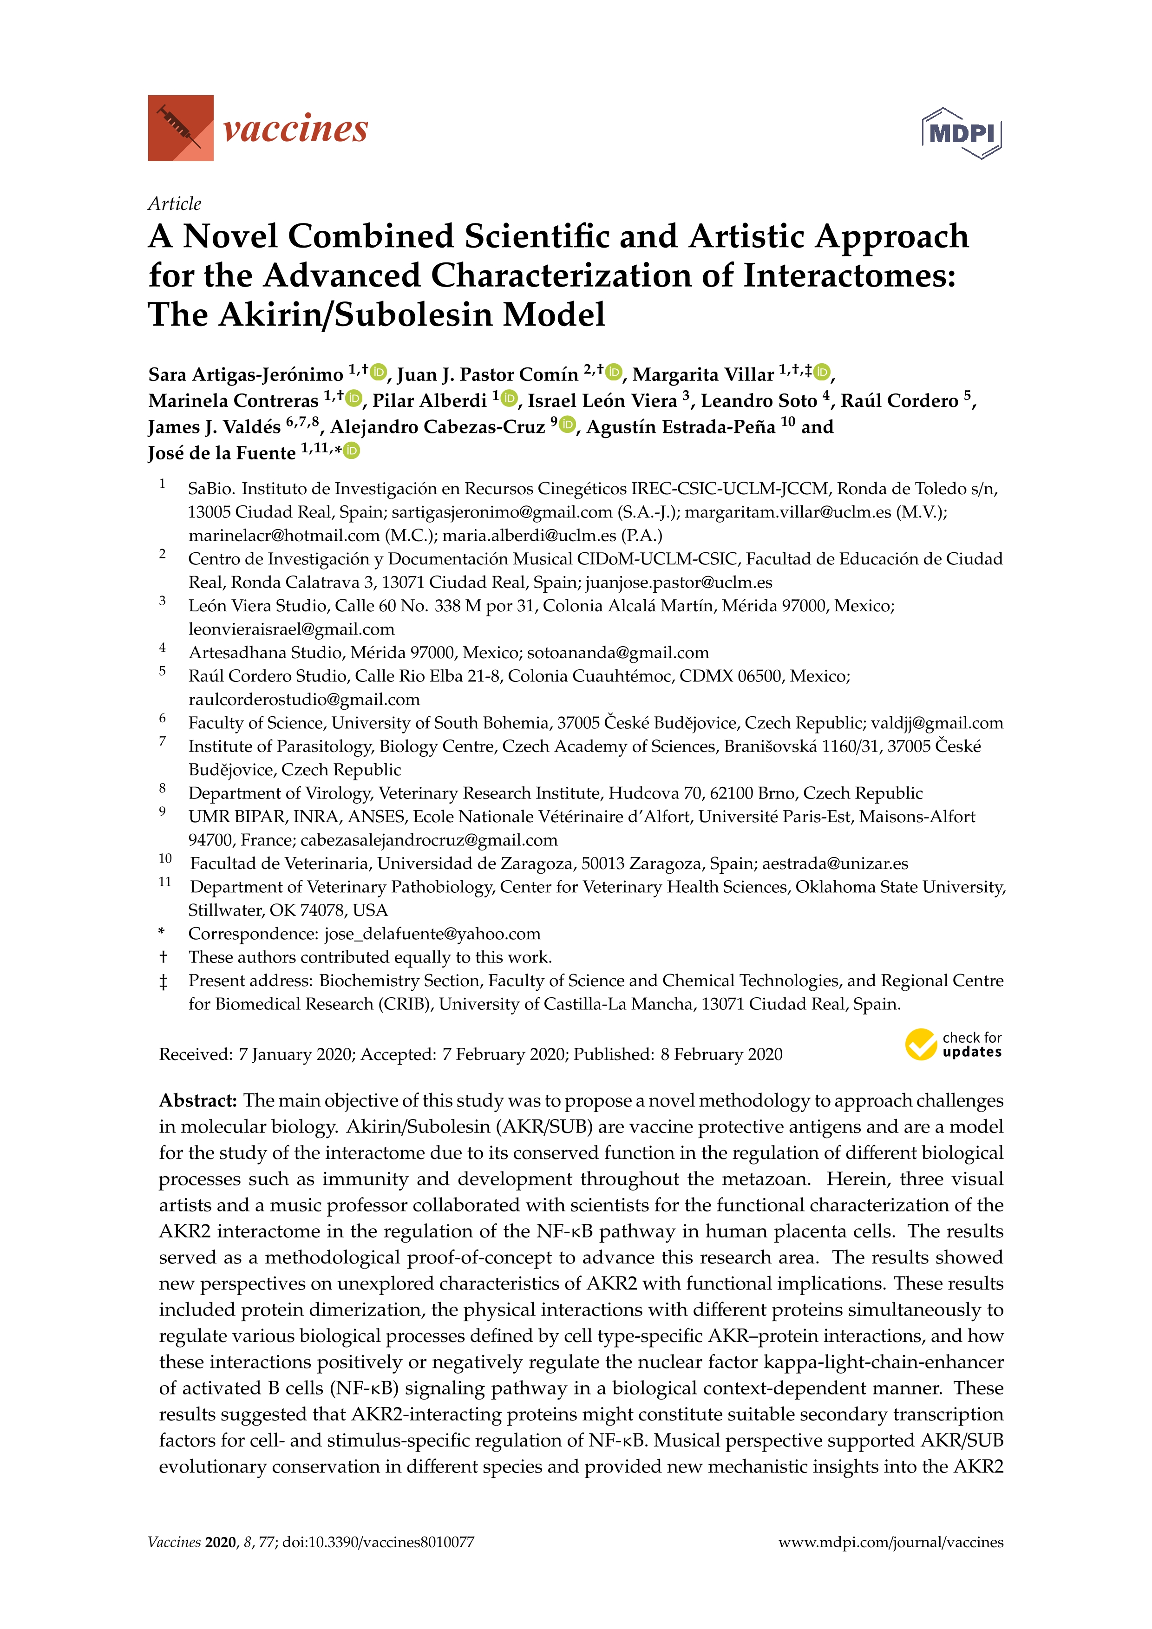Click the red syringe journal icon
180,128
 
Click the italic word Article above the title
175,203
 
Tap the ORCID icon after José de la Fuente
352,451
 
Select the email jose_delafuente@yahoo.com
432,934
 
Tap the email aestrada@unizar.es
835,864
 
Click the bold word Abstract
197,1100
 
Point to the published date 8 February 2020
721,1054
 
